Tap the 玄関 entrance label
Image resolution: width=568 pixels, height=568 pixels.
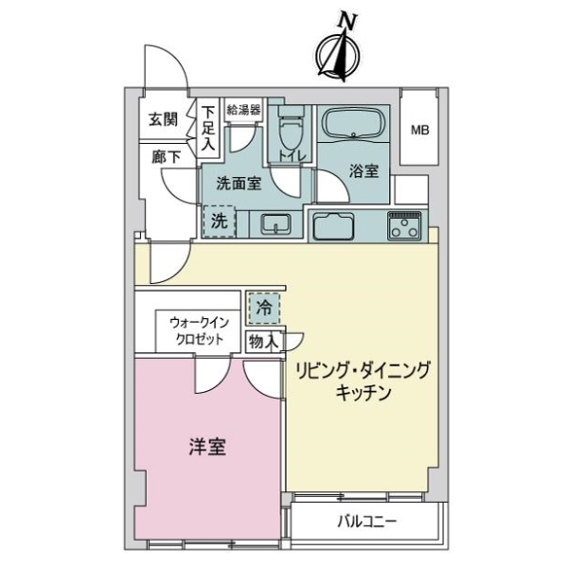tap(162, 120)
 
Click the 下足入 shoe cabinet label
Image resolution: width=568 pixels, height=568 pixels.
tap(208, 129)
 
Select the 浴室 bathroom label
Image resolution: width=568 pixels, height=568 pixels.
tap(364, 171)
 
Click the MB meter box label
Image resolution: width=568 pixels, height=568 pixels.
tap(417, 130)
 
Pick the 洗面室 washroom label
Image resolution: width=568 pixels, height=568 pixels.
tap(239, 184)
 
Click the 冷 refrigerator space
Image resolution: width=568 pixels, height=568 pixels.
tap(263, 308)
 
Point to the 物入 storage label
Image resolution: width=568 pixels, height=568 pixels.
tap(262, 342)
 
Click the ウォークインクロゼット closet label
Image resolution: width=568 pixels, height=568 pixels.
tap(198, 330)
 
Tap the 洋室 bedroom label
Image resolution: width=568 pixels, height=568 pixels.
tap(207, 448)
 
